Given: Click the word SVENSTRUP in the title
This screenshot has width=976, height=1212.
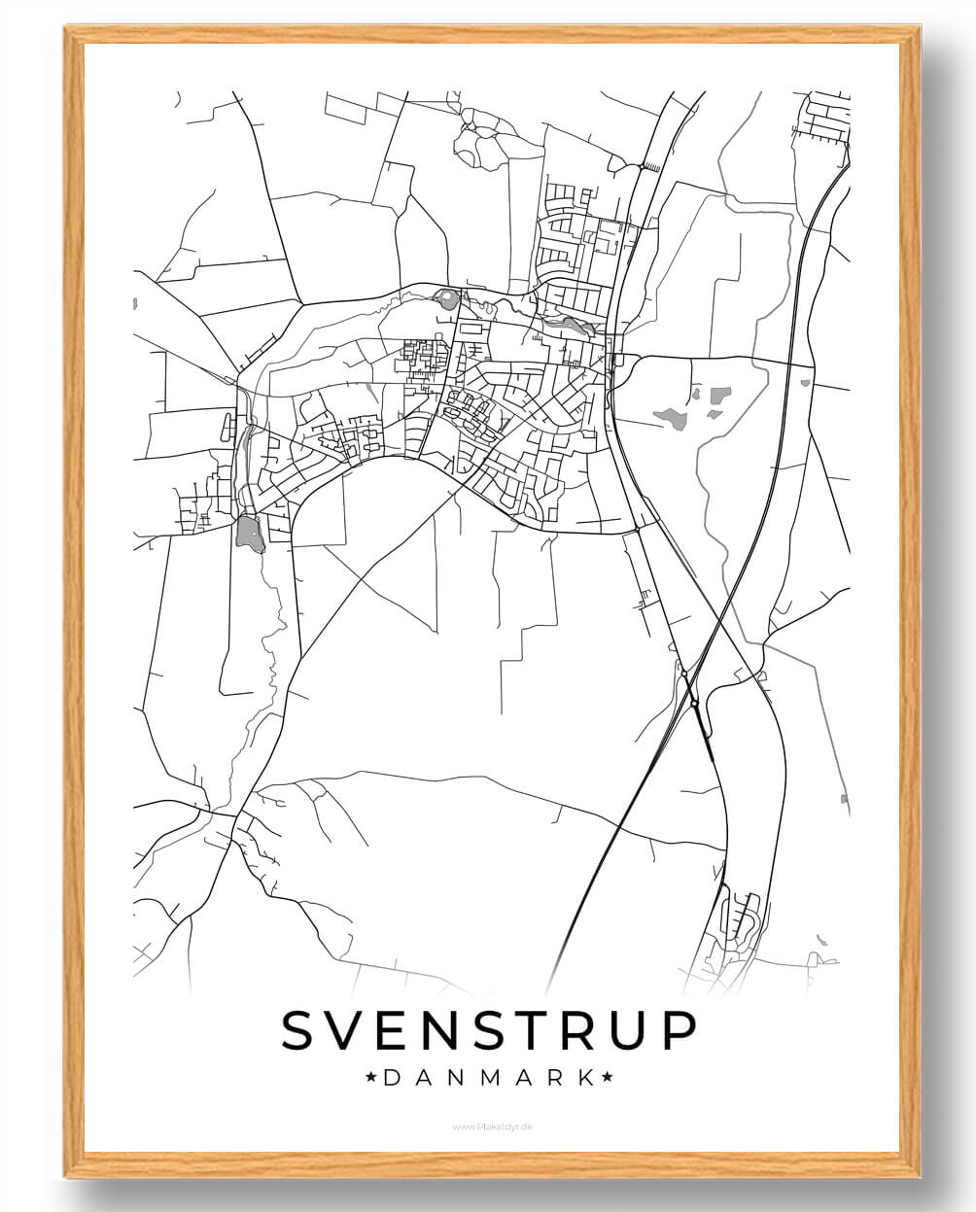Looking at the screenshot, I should (x=489, y=1031).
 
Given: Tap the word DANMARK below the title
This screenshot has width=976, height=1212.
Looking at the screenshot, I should (x=489, y=1078).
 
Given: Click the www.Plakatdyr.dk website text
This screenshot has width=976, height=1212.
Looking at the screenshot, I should (x=488, y=1126).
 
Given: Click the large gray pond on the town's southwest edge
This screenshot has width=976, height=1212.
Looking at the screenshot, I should (x=249, y=533).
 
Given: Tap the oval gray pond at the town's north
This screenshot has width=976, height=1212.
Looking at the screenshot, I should (x=447, y=299).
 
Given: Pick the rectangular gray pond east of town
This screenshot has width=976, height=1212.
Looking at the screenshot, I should (x=720, y=396).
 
